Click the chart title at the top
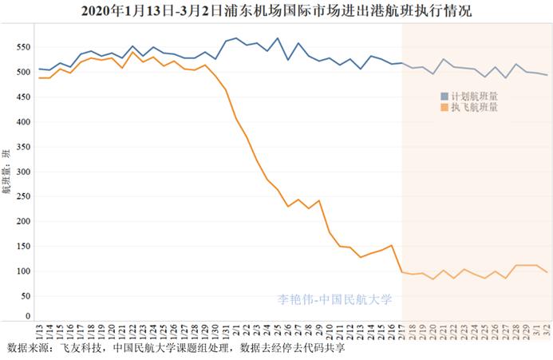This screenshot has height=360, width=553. point(276,11)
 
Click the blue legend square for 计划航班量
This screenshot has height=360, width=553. point(444,96)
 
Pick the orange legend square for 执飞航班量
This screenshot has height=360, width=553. point(444,107)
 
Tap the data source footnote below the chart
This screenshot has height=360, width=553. point(176,350)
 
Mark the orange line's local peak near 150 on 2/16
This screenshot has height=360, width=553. point(391,245)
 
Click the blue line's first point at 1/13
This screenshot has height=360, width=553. point(40,69)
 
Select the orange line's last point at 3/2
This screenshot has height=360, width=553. point(546,272)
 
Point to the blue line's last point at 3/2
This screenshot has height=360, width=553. point(546,75)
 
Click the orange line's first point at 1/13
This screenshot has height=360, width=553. point(40,78)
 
